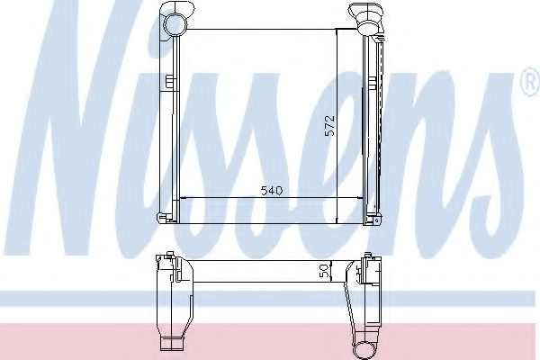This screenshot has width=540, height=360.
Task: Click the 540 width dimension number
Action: coord(272,191)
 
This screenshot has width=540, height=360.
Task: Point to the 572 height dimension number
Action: coord(330,126)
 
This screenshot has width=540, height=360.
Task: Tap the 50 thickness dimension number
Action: coord(324,272)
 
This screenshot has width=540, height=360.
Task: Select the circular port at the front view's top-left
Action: coord(175,23)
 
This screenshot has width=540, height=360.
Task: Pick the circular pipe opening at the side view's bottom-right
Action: coord(364,349)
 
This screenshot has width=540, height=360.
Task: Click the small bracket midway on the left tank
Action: coord(169,83)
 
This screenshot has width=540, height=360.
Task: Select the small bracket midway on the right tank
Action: coord(371,83)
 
